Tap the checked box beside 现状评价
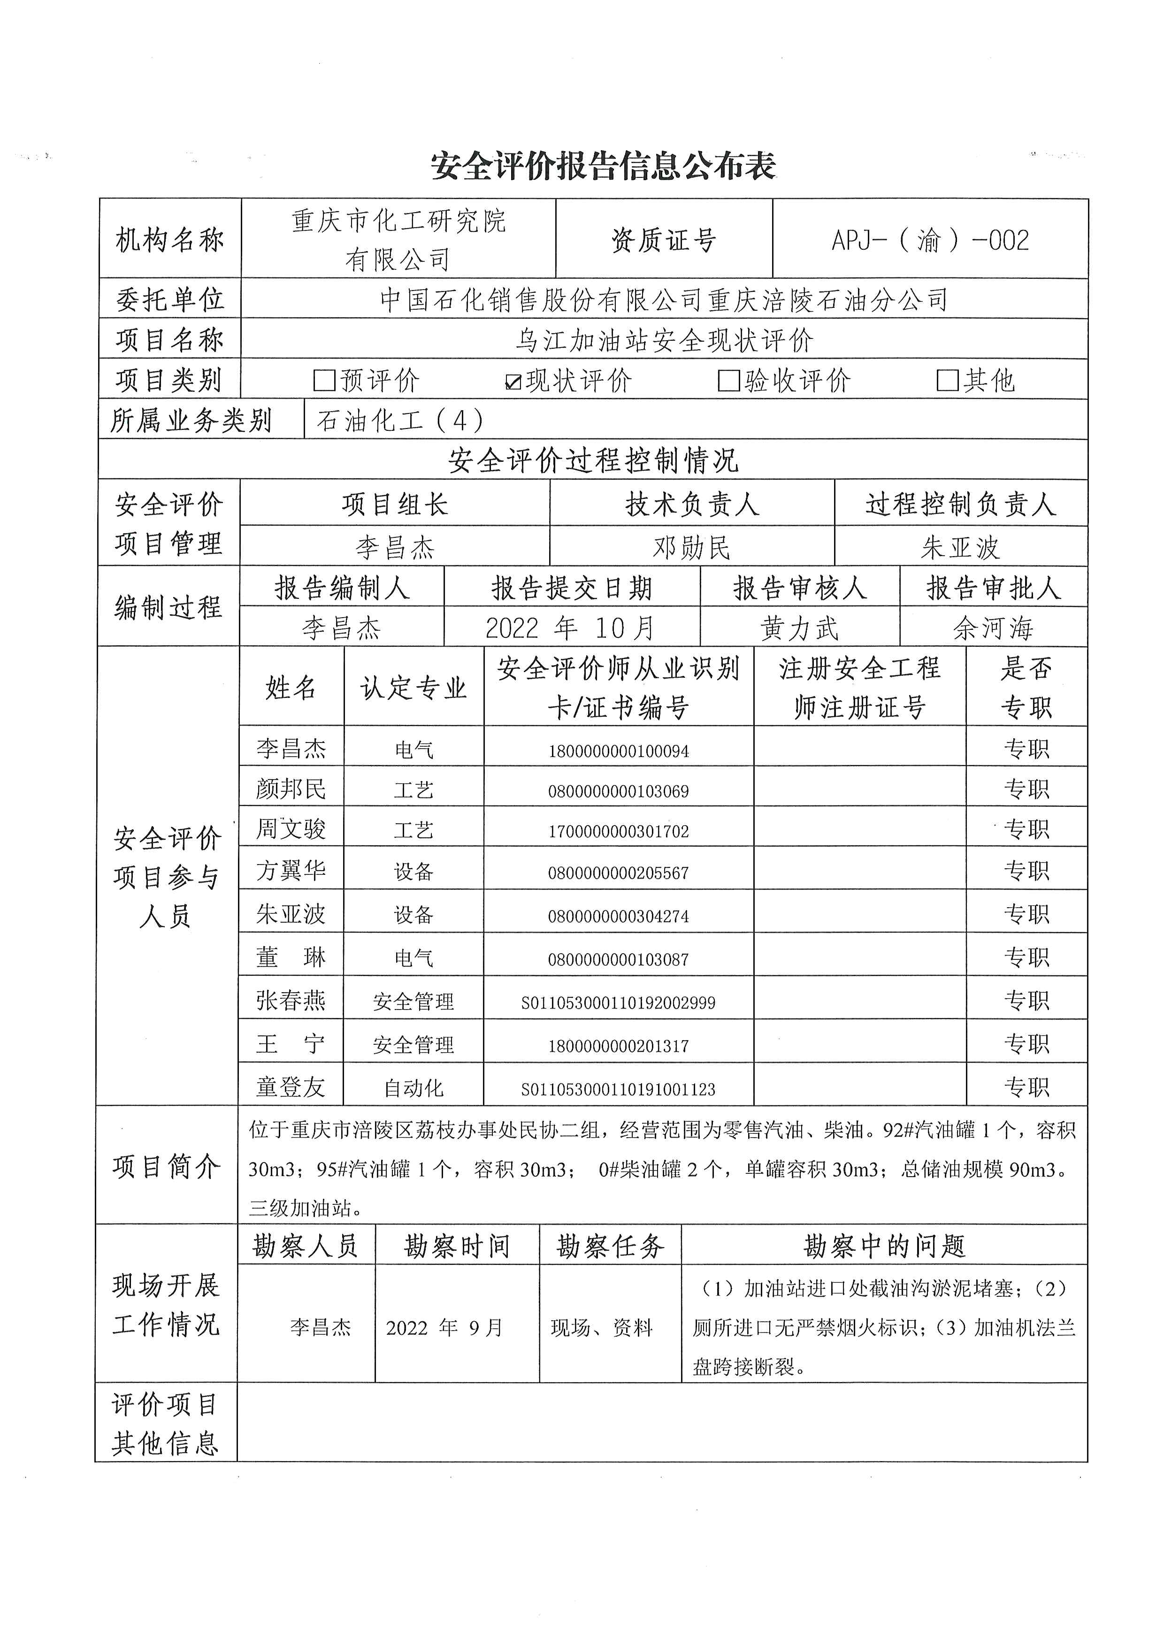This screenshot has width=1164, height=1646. click(x=513, y=382)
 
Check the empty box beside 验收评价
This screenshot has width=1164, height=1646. click(x=728, y=380)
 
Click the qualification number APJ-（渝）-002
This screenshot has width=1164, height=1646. click(x=930, y=240)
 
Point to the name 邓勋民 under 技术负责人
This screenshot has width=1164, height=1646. click(x=692, y=548)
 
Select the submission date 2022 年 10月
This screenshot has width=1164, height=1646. click(x=571, y=628)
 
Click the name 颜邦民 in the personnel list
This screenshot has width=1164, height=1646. click(x=291, y=789)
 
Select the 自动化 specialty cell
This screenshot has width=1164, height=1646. click(x=414, y=1088)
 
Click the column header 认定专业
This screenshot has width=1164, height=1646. click(x=414, y=688)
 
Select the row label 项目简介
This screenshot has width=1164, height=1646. click(x=166, y=1166)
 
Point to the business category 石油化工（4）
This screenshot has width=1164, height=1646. click(x=400, y=420)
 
